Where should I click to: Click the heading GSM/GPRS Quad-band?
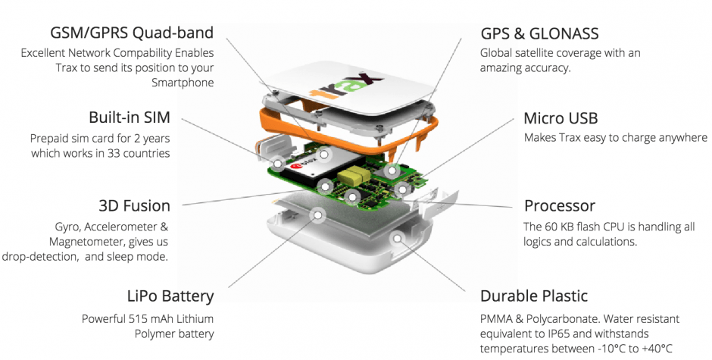[x=130, y=33]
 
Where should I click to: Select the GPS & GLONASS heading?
[x=539, y=33]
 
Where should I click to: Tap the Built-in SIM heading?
[x=129, y=118]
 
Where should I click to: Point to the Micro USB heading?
[x=561, y=118]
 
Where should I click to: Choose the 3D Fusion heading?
[x=134, y=206]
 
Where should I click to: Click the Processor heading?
[x=559, y=206]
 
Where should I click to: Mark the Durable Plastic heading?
[x=534, y=296]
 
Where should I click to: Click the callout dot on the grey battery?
[x=319, y=215]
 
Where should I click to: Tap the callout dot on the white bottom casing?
[x=395, y=239]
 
